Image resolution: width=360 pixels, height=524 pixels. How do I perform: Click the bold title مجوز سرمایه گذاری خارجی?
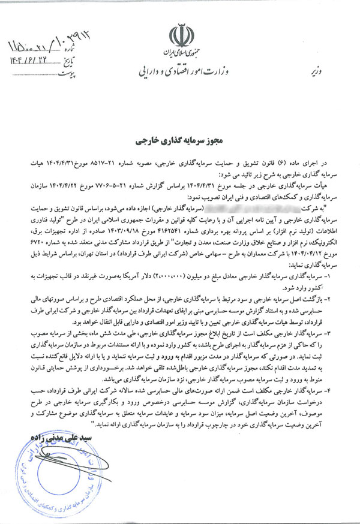coord(180,128)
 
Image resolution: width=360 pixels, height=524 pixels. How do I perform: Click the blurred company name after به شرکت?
coord(264,207)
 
